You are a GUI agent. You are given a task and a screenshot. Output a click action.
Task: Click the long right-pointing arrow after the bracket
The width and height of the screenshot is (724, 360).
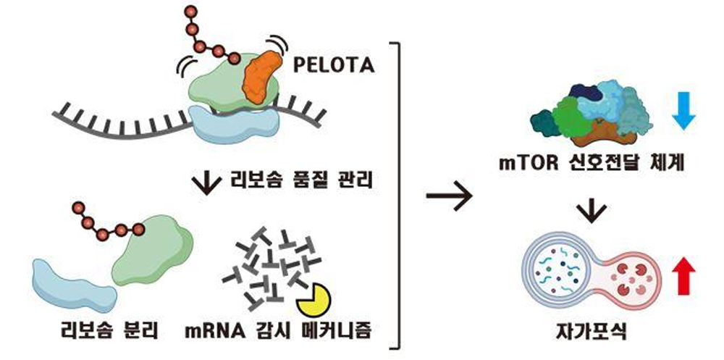(448, 196)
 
